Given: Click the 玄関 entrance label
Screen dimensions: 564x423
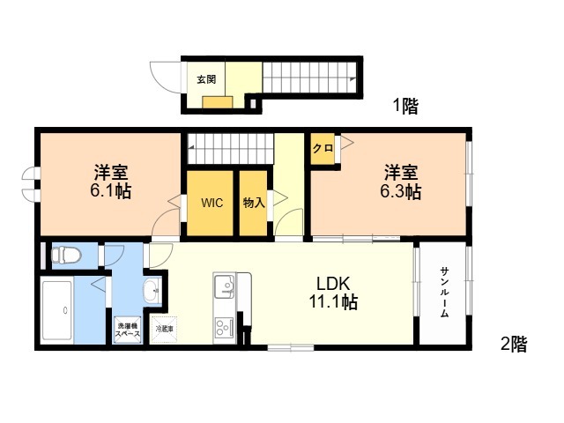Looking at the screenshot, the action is [206, 79].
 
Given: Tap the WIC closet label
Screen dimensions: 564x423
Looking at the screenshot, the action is [211, 203].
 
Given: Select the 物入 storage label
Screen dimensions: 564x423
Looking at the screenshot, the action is [254, 203].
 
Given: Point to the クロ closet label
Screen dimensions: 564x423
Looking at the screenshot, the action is [323, 148].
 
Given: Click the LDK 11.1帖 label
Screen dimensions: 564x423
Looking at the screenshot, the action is [333, 293].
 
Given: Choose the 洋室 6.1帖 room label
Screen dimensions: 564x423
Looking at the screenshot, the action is [110, 182].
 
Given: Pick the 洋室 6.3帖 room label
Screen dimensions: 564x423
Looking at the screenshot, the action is [401, 182].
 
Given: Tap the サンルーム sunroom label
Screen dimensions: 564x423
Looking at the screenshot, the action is [444, 292].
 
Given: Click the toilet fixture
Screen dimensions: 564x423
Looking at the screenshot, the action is [66, 255].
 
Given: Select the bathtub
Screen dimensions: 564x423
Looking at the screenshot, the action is [56, 310].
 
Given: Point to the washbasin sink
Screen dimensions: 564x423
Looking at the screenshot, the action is [152, 291].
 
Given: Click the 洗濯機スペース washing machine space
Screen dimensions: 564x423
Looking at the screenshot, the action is [127, 330].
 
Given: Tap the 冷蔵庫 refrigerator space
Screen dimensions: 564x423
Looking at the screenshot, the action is [165, 329].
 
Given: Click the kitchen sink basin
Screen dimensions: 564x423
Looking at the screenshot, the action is [225, 286].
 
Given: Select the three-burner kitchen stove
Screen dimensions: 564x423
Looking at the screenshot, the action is [225, 327].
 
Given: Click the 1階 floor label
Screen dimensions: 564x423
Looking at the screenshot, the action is [405, 106].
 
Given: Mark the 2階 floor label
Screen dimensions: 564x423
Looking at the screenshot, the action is [514, 345].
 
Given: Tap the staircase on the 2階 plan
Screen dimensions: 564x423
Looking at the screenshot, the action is [230, 148].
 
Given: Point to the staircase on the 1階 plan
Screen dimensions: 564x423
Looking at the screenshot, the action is [309, 78].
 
